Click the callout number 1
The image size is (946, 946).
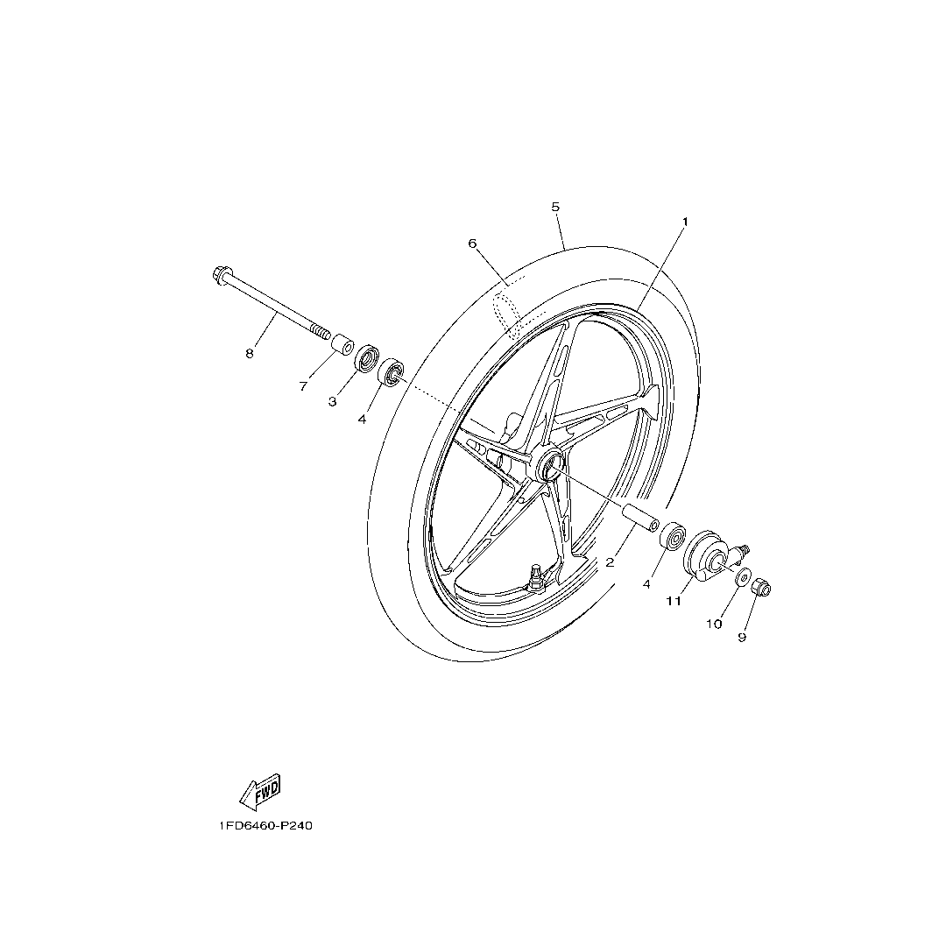[685, 222]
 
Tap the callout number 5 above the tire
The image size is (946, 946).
[555, 207]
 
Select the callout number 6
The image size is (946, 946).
[472, 244]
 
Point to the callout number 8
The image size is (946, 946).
[249, 354]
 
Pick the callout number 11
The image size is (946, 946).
[674, 601]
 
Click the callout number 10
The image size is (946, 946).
[714, 624]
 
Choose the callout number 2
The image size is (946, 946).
[610, 562]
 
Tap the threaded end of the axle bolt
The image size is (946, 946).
[321, 331]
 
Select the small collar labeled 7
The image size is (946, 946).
[343, 346]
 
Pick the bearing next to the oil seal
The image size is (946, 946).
[391, 373]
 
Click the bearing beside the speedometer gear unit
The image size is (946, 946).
[673, 534]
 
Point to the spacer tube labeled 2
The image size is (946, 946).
[639, 518]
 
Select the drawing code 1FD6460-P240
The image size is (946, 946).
[265, 825]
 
